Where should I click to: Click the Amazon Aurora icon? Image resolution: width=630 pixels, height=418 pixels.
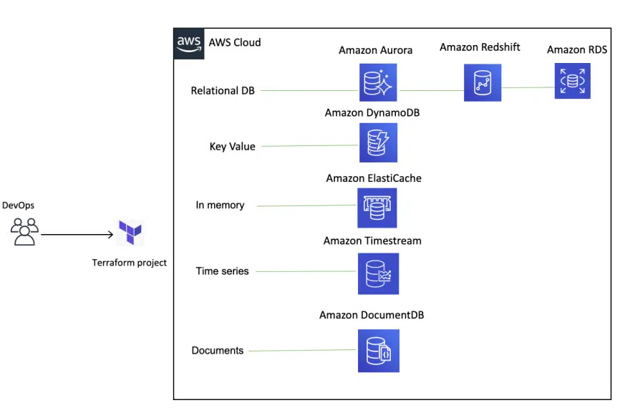pos(377,83)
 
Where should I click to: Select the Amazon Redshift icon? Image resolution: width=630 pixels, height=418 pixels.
pos(482,82)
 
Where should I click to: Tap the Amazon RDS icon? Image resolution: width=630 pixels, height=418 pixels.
pos(572,81)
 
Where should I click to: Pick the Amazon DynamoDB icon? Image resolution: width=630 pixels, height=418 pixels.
pos(377,142)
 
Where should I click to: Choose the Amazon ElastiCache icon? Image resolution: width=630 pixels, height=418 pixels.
pos(377,208)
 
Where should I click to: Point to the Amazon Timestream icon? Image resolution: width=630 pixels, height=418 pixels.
pos(378,273)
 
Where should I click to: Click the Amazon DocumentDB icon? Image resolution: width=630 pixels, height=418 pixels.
pos(378,351)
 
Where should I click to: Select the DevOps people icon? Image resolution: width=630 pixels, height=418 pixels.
pos(24,231)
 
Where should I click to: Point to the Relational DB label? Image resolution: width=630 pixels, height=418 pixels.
pos(223,91)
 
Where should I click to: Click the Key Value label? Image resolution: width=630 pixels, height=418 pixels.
pos(232,147)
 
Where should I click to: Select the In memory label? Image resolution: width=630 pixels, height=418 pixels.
pos(220,205)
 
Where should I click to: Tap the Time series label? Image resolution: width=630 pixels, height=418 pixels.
pos(222,271)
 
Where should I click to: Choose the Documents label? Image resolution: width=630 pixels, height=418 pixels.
pos(218,351)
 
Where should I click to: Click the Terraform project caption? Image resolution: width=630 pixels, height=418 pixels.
pos(129,263)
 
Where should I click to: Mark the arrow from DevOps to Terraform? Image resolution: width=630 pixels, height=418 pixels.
pos(79,233)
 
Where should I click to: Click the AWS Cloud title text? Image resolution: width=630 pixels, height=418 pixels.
pos(234,42)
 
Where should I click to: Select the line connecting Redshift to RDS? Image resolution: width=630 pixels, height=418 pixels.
pos(528,88)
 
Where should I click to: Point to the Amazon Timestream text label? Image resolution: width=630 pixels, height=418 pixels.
pos(372,240)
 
